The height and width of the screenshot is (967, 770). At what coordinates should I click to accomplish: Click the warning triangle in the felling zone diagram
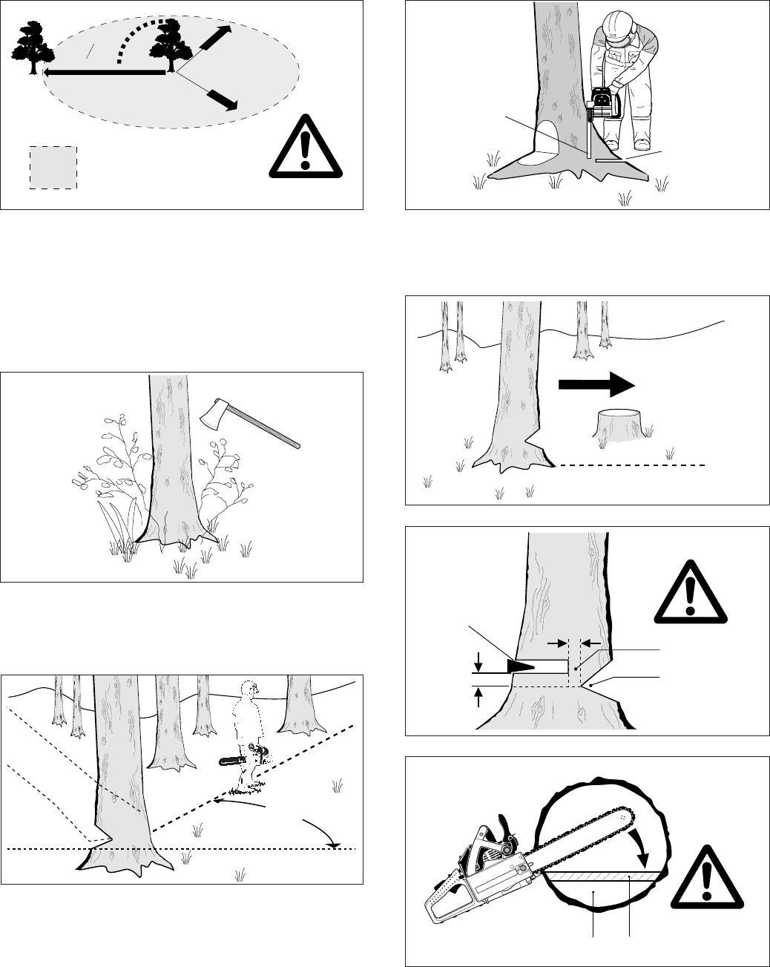[301, 145]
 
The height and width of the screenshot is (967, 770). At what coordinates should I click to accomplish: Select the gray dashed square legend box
[53, 167]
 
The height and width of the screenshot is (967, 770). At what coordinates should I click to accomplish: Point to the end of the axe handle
[297, 445]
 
